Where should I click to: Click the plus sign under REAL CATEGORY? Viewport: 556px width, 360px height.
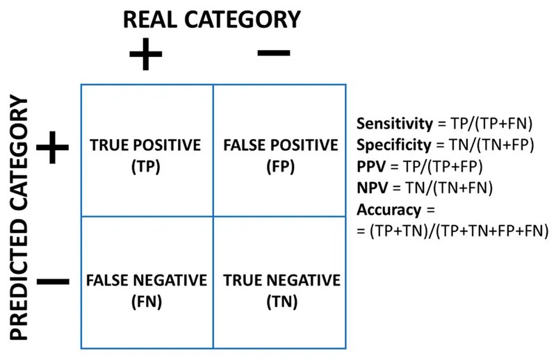145,55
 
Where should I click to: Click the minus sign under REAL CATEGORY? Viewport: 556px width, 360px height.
274,52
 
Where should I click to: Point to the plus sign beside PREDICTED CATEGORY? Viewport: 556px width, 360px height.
53,147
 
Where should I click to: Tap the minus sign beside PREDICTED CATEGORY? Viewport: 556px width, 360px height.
53,281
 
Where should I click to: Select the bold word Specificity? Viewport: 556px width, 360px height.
393,145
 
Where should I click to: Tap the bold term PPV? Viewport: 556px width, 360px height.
370,167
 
